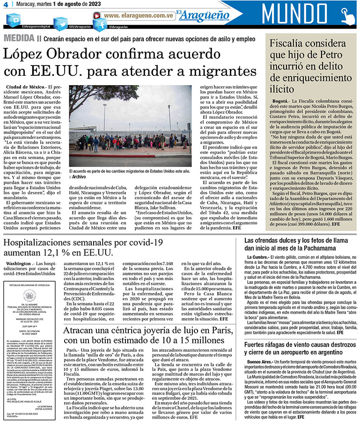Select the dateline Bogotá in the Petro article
(x=280, y=102)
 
